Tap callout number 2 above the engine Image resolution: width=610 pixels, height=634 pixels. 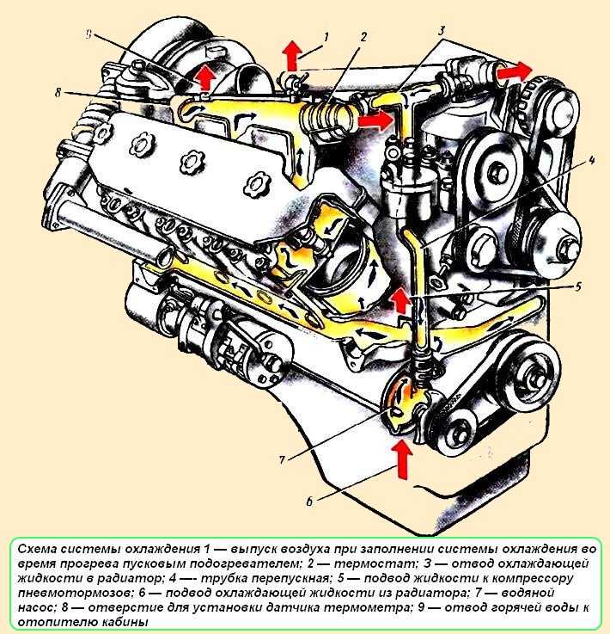click(364, 37)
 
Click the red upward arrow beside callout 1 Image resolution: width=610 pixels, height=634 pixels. click(292, 57)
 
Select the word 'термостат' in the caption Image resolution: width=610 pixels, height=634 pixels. click(365, 563)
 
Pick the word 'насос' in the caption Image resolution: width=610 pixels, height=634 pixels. click(35, 607)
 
